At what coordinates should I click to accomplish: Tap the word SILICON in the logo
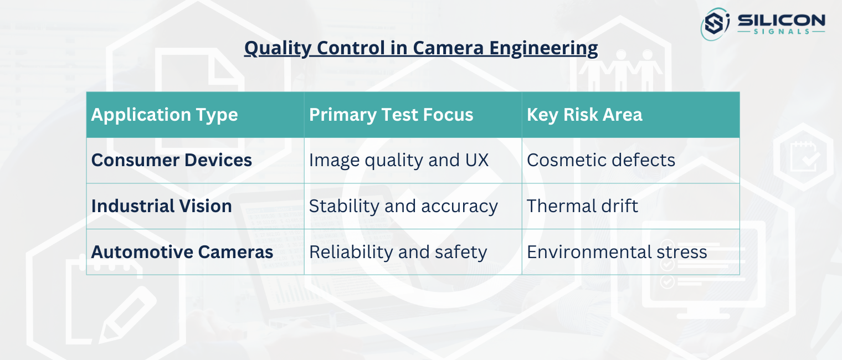(x=781, y=20)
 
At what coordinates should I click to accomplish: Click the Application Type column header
(x=165, y=115)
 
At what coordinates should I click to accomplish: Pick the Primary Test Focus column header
(x=391, y=115)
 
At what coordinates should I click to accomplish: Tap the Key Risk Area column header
(x=584, y=115)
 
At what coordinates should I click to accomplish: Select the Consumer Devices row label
(x=172, y=160)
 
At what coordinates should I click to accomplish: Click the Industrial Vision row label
(x=162, y=206)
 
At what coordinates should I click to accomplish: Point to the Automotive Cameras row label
(x=182, y=252)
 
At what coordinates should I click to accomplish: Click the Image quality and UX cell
(x=399, y=160)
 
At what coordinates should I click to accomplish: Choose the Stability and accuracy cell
(x=403, y=206)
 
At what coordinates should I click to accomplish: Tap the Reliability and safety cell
(x=398, y=252)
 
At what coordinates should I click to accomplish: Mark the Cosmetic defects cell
(x=601, y=160)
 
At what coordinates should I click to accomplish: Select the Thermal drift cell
(x=582, y=206)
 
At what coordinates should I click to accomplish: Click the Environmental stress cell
(x=617, y=252)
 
